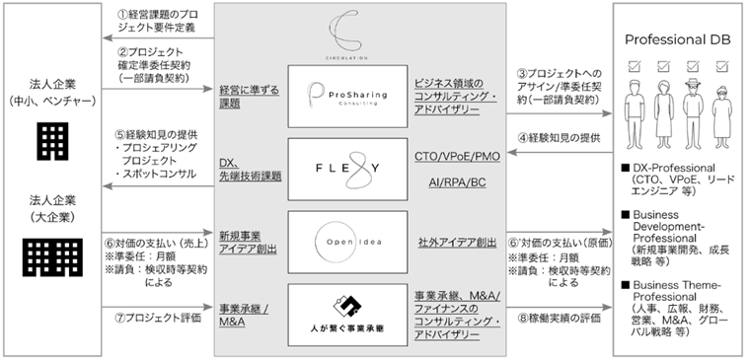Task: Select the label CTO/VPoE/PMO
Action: tap(461, 156)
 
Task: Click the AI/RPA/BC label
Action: tap(461, 184)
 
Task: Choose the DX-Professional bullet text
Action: tap(681, 177)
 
